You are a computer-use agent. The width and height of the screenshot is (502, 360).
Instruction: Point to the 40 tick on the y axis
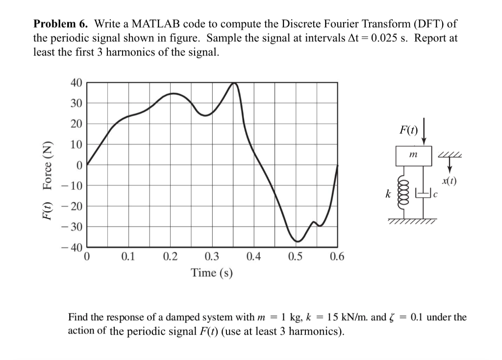(76, 83)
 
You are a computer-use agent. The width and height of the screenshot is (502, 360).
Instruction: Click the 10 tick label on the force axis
(76, 145)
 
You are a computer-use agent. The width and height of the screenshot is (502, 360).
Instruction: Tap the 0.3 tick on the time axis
(212, 256)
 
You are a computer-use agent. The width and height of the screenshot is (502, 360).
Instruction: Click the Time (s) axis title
(212, 272)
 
